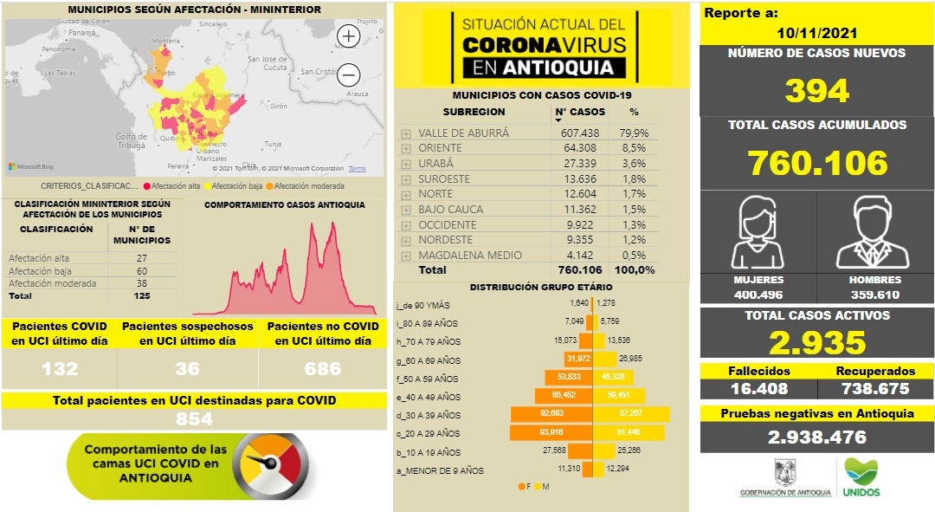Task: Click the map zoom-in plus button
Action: pyautogui.click(x=348, y=36)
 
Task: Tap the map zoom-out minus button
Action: pyautogui.click(x=348, y=74)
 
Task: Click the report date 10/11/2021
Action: pyautogui.click(x=816, y=33)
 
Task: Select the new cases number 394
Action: pyautogui.click(x=816, y=90)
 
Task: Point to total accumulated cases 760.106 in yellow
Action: pyautogui.click(x=817, y=163)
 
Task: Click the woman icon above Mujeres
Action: pyautogui.click(x=758, y=233)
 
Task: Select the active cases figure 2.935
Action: pyautogui.click(x=816, y=342)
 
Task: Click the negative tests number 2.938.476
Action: pyautogui.click(x=816, y=437)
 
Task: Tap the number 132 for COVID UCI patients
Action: pyautogui.click(x=59, y=369)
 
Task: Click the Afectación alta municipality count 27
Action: pyautogui.click(x=141, y=258)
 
